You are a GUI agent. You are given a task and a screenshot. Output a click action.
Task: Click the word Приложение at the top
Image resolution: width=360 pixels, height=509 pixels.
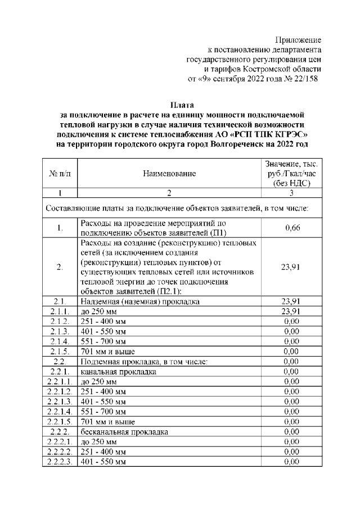pos(298,40)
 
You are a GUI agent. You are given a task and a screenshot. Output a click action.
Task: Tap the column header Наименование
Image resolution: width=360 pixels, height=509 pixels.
pos(169,174)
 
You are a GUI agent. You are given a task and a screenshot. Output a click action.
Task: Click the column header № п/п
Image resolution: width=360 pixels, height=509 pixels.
pos(59,174)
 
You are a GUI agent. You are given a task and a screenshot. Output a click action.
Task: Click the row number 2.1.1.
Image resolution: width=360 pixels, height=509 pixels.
pos(59,311)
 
